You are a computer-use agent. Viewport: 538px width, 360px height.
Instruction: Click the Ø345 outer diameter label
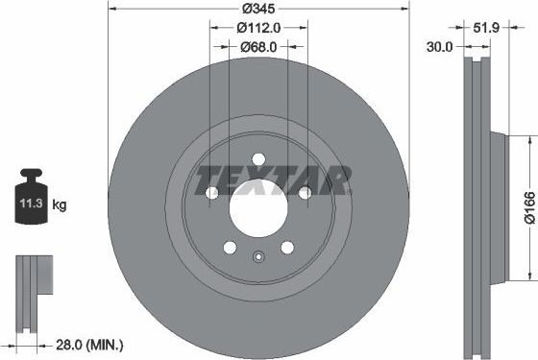[x=258, y=8]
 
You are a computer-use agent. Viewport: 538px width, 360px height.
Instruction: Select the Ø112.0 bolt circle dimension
[x=258, y=27]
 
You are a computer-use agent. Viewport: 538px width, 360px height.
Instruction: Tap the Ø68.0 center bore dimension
[x=258, y=45]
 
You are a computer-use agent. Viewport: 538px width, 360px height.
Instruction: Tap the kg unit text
[x=60, y=204]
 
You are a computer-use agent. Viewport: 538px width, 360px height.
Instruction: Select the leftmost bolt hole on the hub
[x=212, y=193]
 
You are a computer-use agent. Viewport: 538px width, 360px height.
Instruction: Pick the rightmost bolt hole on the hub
[x=305, y=193]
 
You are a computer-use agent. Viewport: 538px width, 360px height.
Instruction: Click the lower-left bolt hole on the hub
[x=230, y=248]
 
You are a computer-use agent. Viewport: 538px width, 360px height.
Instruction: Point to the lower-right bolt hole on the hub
[x=287, y=248]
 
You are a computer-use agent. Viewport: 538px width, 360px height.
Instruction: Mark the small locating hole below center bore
[x=258, y=256]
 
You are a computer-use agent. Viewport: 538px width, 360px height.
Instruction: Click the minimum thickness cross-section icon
[x=31, y=283]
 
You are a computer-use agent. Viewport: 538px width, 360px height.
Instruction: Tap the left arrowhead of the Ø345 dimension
[x=110, y=17]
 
